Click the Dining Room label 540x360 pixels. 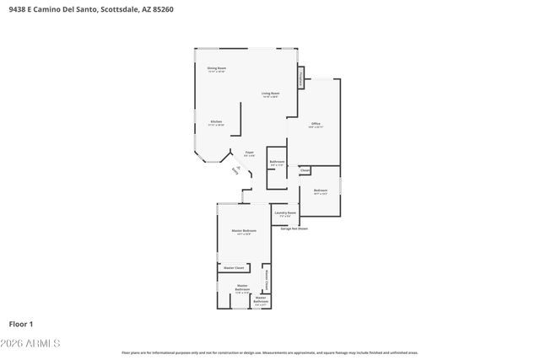217,68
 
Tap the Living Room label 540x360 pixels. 270,94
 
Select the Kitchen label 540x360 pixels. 217,122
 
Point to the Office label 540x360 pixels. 316,124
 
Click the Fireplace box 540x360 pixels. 300,78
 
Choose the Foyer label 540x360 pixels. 249,153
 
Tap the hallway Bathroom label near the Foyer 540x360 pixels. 277,162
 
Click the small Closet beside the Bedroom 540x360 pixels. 305,169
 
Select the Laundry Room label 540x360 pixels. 285,214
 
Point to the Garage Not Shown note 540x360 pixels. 294,228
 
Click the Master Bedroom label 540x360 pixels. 244,232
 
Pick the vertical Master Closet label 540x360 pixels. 267,277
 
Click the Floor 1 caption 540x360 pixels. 21,324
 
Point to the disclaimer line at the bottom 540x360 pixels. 270,352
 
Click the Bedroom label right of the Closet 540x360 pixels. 321,191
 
